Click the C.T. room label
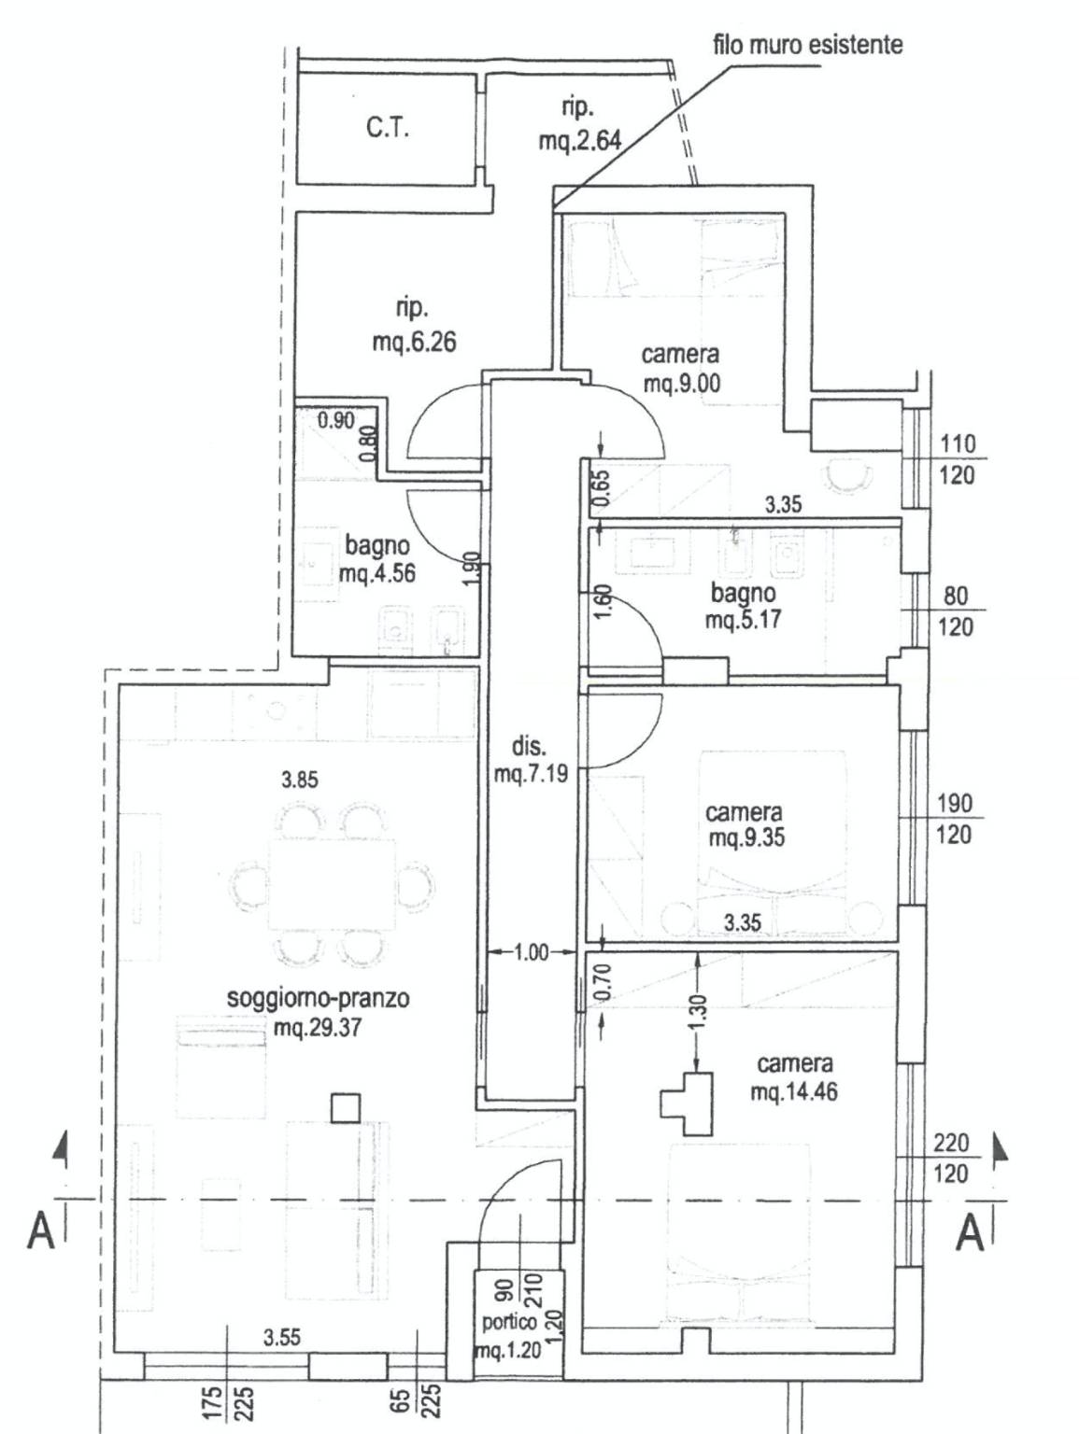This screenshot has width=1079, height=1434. (x=388, y=128)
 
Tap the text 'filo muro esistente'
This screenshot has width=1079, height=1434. (x=807, y=44)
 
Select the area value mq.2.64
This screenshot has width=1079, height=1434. (x=579, y=141)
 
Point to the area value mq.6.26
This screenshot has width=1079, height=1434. (x=414, y=342)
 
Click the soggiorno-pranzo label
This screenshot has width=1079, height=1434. (x=318, y=998)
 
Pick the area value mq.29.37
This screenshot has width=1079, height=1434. (x=318, y=1029)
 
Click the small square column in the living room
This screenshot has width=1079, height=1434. (x=346, y=1108)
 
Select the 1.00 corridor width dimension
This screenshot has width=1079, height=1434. (x=531, y=953)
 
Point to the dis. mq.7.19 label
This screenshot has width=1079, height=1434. (x=530, y=760)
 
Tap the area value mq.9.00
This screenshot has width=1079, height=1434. (x=682, y=383)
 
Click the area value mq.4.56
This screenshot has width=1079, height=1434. (x=377, y=573)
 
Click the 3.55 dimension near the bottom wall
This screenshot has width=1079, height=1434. (x=281, y=1337)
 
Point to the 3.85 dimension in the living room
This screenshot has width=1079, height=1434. (x=299, y=780)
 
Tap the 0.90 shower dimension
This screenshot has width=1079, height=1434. (x=335, y=420)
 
